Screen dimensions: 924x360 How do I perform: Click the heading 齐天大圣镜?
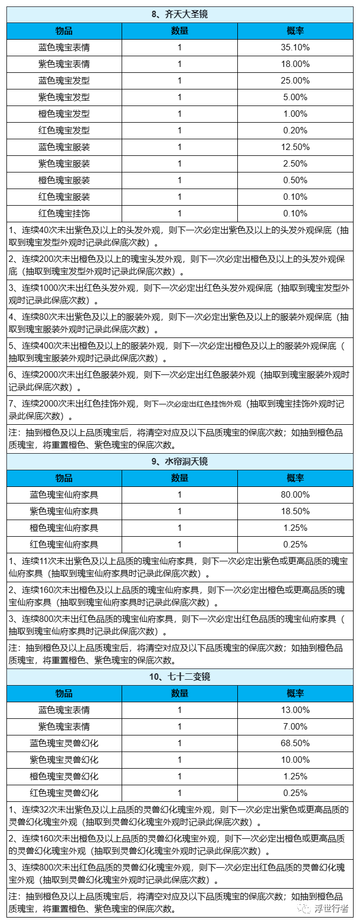tap(179, 14)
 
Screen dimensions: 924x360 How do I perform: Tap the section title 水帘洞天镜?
tap(179, 461)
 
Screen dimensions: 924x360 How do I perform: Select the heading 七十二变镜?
tap(179, 677)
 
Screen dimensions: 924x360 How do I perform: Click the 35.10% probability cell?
tap(295, 47)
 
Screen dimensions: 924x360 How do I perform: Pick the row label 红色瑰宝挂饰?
tap(64, 213)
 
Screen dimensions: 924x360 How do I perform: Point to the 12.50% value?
tap(295, 147)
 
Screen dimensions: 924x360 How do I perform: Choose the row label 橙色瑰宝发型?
tap(64, 114)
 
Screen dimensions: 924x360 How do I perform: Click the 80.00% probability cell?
tap(295, 494)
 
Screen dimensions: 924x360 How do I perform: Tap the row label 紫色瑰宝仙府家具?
tap(64, 511)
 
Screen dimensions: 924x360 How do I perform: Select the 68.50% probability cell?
tap(295, 743)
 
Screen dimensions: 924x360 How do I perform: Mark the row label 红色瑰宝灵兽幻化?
tap(64, 793)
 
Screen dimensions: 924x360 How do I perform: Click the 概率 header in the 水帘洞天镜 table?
tap(295, 478)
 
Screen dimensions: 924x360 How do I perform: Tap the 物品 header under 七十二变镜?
tap(64, 693)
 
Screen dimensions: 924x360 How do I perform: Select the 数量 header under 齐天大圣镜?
tap(179, 31)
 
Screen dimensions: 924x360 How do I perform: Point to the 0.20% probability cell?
tap(295, 130)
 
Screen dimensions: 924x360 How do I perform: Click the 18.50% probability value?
tap(295, 511)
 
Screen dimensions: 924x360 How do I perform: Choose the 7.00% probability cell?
tap(295, 726)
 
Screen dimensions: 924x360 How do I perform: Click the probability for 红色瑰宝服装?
tap(295, 197)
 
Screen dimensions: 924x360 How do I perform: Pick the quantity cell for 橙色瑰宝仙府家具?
tap(179, 528)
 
